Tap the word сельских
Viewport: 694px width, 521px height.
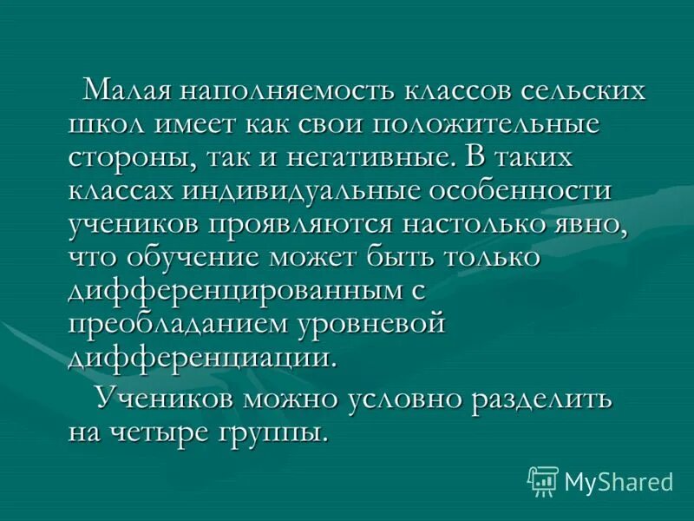pos(573,91)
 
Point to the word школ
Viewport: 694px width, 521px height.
pos(107,124)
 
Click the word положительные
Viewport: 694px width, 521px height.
pos(486,124)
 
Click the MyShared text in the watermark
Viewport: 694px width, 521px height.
pos(619,480)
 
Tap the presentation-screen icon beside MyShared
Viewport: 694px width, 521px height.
pos(542,480)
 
